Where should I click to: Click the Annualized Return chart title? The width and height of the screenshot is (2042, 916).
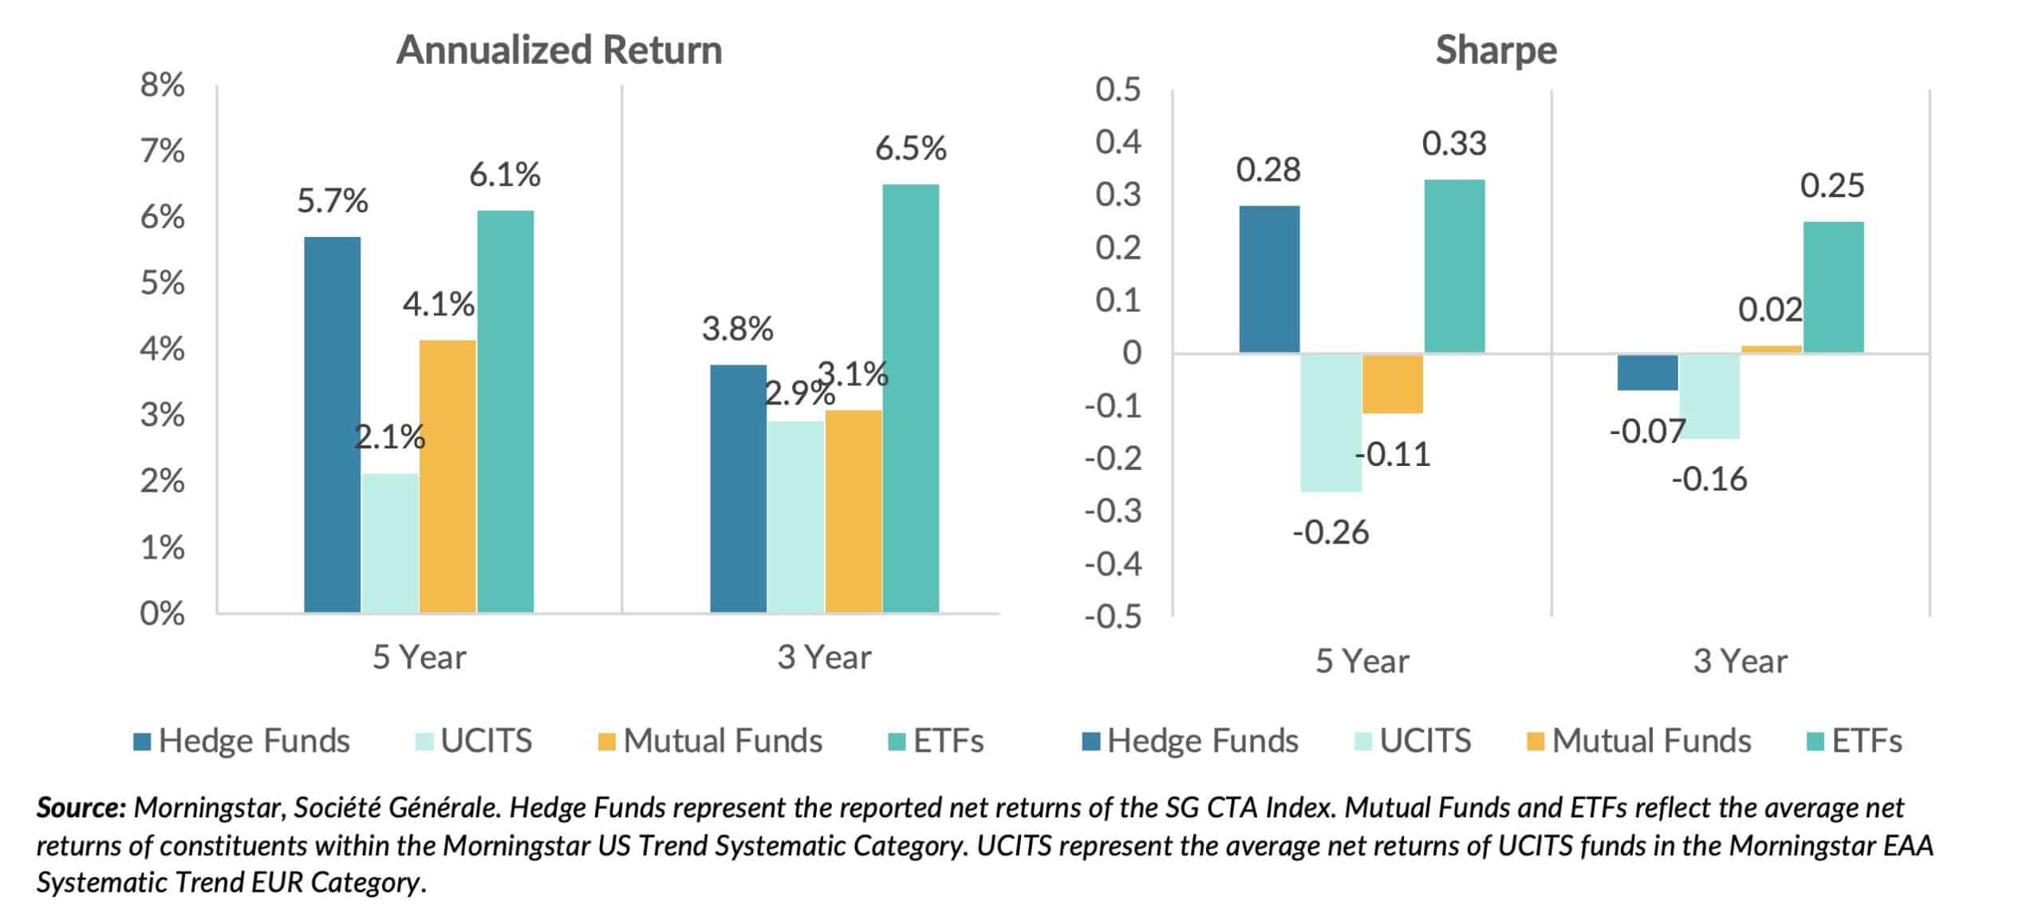pos(558,49)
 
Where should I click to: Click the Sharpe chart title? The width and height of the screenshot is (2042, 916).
pos(1496,50)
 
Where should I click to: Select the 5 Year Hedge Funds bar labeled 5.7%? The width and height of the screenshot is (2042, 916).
pos(332,424)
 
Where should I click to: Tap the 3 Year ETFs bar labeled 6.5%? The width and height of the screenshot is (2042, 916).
pos(910,399)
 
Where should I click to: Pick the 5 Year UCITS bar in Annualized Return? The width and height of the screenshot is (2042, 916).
pos(390,543)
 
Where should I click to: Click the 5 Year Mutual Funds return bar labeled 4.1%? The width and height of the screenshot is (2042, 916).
pos(447,476)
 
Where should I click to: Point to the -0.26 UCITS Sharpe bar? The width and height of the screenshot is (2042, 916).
pos(1330,422)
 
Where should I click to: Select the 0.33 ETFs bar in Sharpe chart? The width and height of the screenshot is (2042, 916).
pos(1454,266)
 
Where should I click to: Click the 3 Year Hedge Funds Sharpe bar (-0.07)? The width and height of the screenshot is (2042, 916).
pos(1647,372)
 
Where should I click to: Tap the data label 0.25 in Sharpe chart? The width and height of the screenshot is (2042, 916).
pos(1831,186)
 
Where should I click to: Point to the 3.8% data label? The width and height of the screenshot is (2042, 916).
pos(737,329)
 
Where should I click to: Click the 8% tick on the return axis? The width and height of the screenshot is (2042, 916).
pos(163,85)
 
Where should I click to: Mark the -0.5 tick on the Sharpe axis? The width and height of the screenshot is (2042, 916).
pos(1113,617)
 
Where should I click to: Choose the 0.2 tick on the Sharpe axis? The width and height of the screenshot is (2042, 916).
pos(1118,247)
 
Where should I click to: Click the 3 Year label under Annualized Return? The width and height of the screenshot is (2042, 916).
pos(824,657)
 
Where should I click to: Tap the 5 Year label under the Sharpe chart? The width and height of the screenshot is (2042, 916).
pos(1362,661)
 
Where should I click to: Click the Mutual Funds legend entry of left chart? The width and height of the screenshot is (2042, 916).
pos(710,740)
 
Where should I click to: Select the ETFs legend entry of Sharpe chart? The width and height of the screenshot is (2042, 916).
pos(1853,740)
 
